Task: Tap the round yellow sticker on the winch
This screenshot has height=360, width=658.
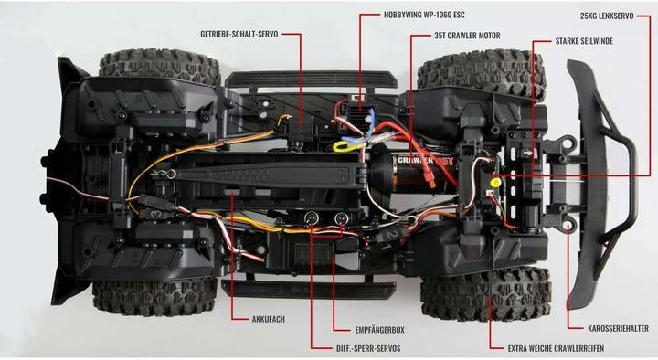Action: pyautogui.click(x=494, y=182)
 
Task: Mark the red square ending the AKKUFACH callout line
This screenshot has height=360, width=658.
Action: pyautogui.click(x=230, y=193)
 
